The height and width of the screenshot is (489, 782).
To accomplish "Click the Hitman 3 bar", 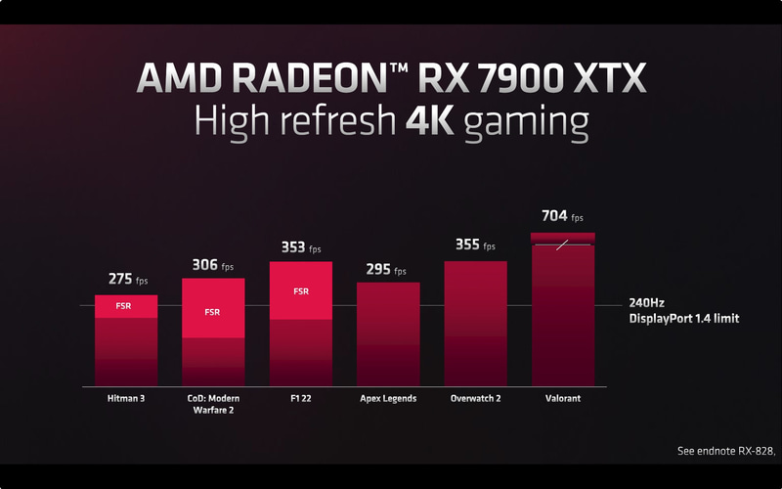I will click(126, 342).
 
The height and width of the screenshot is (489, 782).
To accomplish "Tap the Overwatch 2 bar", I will click(476, 323).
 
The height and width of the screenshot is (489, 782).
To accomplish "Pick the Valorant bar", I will click(563, 313).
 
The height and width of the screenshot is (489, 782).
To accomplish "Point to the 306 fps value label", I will click(212, 264).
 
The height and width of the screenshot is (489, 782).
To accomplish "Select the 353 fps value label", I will click(300, 247).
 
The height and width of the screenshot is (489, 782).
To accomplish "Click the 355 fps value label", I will click(474, 244).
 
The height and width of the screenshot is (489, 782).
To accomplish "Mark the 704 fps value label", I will click(562, 216).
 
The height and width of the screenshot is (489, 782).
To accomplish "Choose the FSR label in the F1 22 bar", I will click(301, 290).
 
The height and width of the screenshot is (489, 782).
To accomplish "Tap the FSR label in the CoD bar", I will click(212, 312).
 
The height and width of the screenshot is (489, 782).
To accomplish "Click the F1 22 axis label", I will click(301, 398).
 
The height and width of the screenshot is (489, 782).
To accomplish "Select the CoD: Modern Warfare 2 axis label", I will click(212, 404).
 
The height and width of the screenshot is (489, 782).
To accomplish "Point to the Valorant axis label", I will click(562, 398).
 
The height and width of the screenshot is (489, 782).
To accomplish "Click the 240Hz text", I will click(646, 303).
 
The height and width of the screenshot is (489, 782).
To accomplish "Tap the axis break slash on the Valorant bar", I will click(562, 244).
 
